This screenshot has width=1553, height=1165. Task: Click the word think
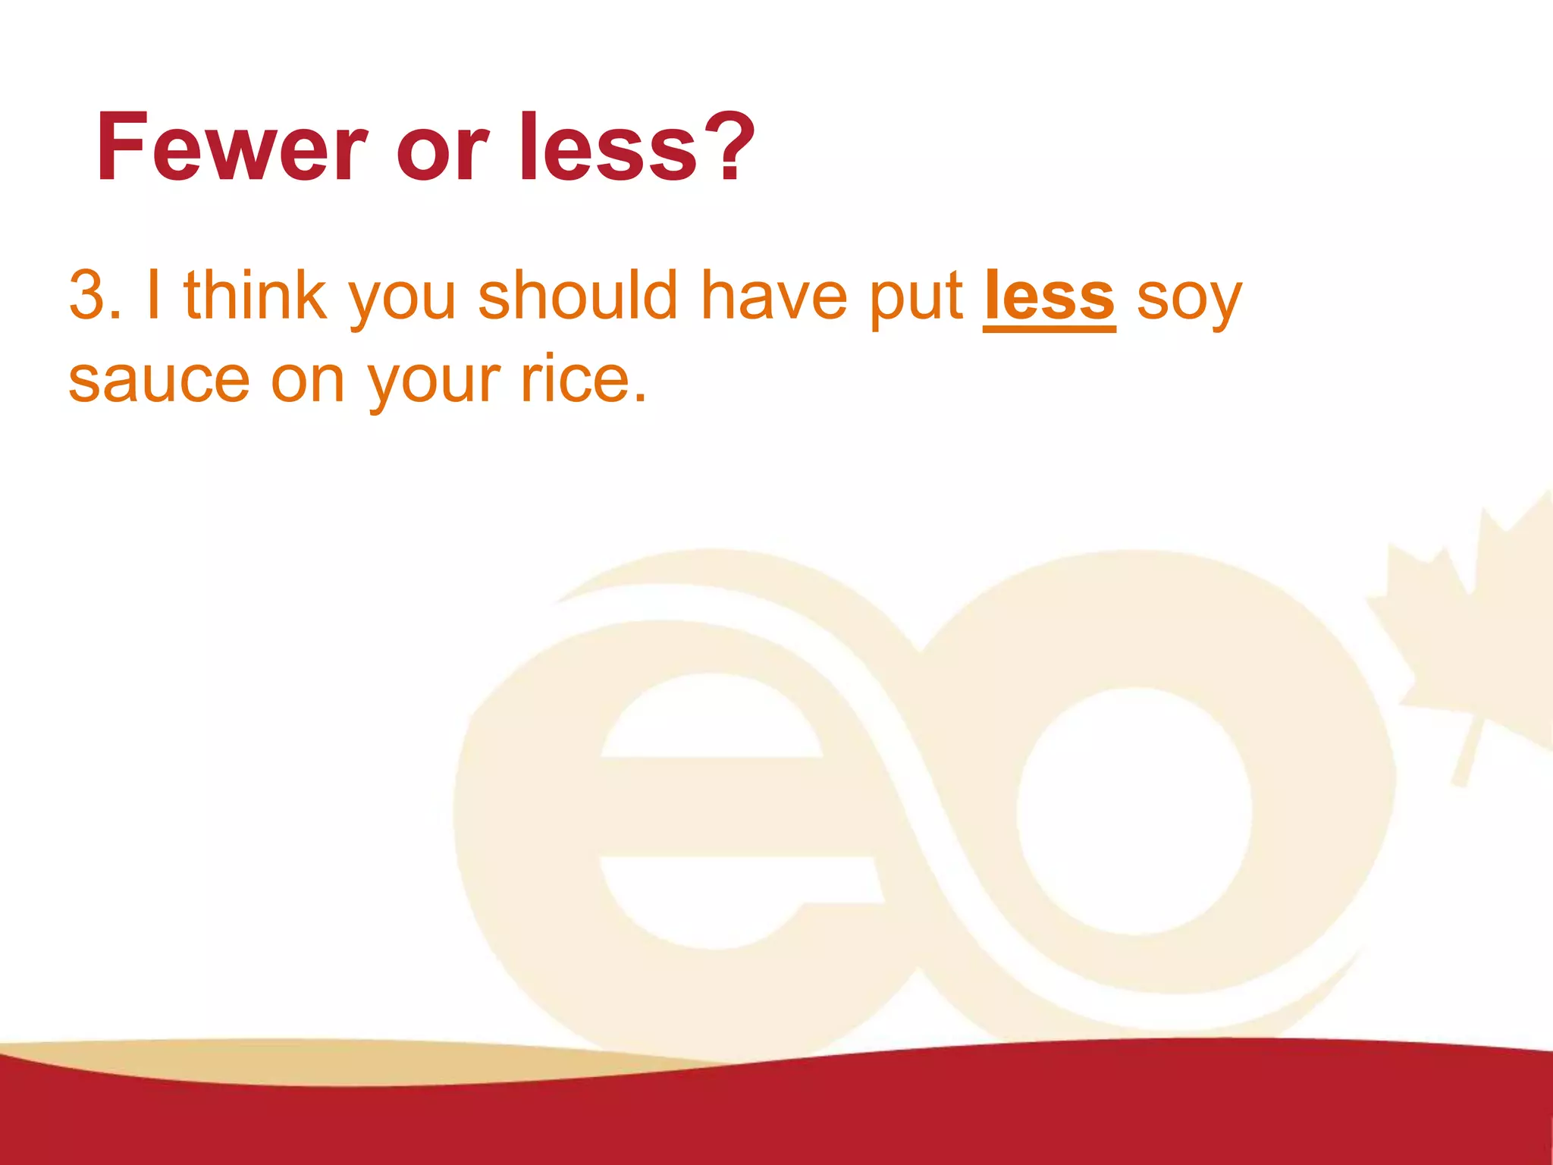(x=256, y=296)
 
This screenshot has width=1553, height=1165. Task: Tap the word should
(x=577, y=296)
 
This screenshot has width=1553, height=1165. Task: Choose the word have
(x=773, y=296)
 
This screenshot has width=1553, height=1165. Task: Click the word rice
(x=583, y=379)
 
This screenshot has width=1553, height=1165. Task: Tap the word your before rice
(x=434, y=383)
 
